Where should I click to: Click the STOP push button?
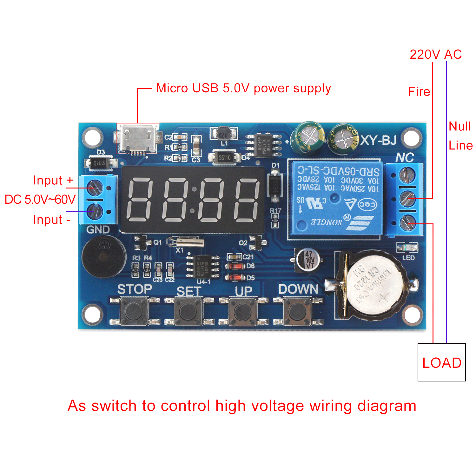pos(134,312)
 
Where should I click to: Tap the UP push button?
pos(243,312)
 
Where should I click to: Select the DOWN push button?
pos(297,312)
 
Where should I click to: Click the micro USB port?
pos(137,138)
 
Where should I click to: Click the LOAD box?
pos(441,362)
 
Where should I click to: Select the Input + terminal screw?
pos(95,187)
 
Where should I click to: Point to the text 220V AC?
pos(435,55)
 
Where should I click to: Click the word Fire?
pos(419,92)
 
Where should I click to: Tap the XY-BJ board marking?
pos(379,140)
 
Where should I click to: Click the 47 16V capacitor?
pos(309,260)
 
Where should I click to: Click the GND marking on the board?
pos(98,229)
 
